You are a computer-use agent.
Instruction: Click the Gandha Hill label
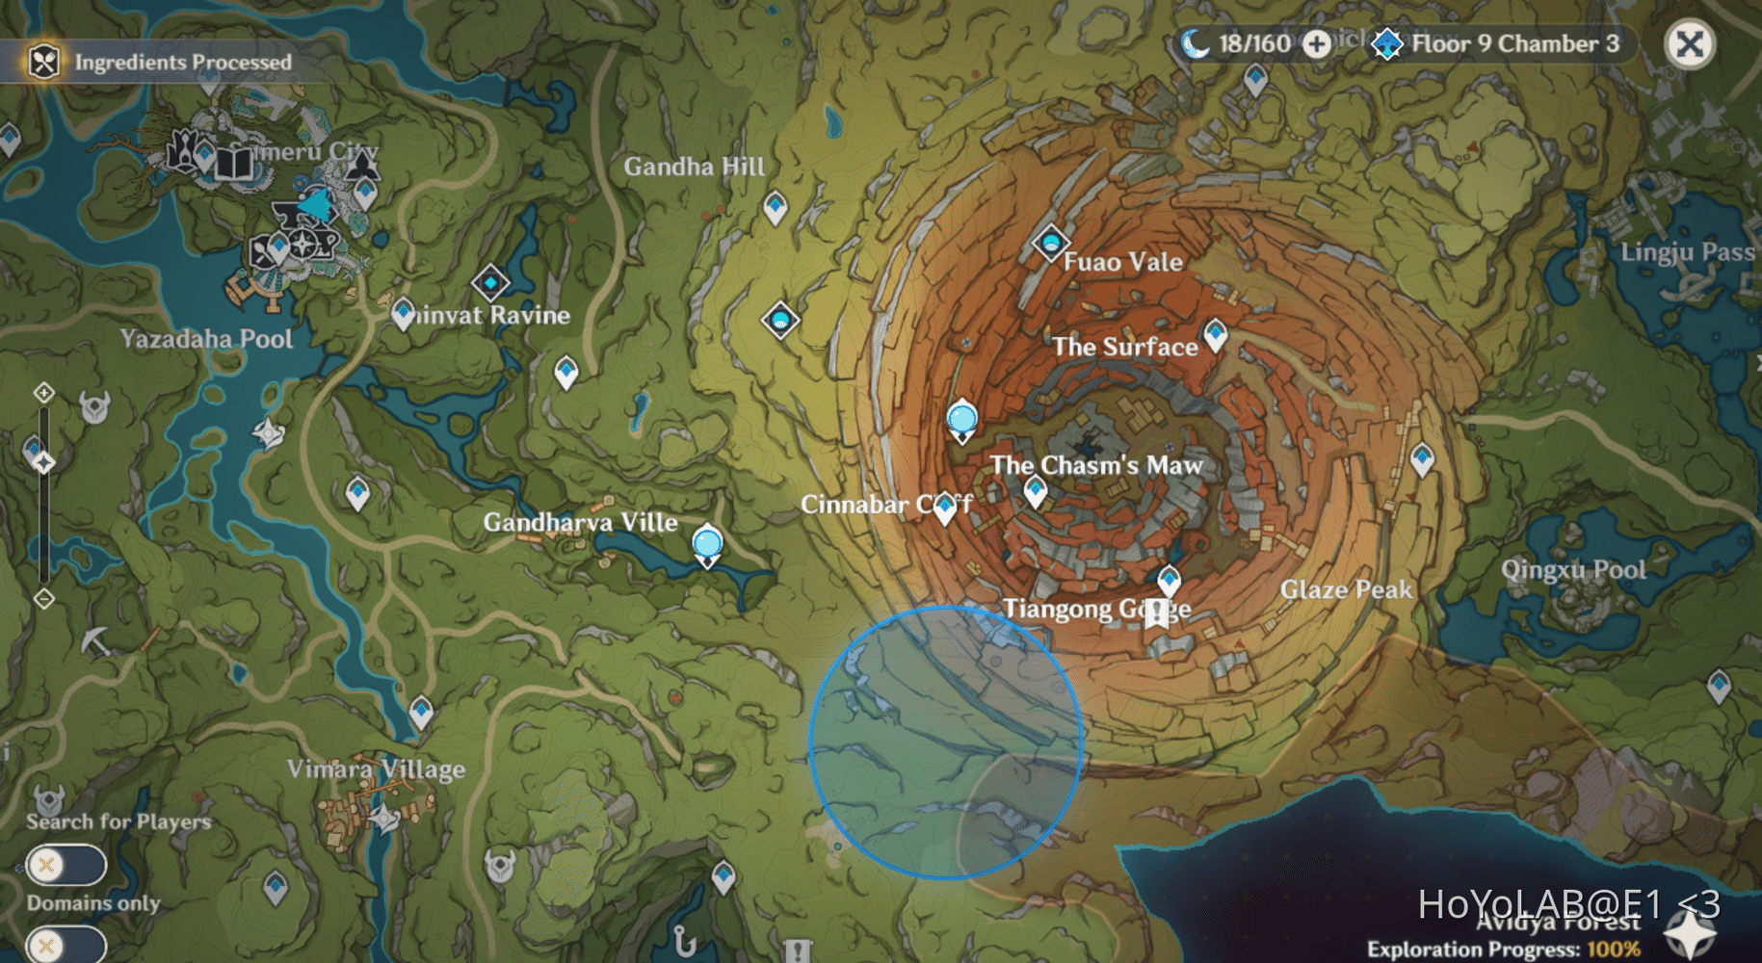click(x=694, y=167)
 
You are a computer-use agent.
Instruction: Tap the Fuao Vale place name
click(x=1122, y=262)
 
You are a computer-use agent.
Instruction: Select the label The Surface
click(x=1124, y=347)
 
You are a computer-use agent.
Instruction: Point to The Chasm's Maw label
click(x=1096, y=465)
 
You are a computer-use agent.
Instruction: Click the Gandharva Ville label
click(x=580, y=522)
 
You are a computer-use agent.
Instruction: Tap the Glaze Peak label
click(x=1346, y=589)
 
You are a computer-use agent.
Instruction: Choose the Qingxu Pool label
click(x=1573, y=569)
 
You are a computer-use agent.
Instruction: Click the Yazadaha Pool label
click(x=206, y=339)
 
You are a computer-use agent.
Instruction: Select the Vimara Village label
click(x=376, y=768)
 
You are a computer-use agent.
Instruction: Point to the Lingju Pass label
click(x=1687, y=252)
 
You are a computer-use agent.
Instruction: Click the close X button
click(x=1689, y=44)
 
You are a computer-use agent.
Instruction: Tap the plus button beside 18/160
click(x=1316, y=43)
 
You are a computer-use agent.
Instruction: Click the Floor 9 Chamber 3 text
click(x=1514, y=43)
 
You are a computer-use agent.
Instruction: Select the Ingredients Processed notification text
click(x=183, y=63)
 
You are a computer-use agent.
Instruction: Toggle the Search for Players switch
click(x=66, y=865)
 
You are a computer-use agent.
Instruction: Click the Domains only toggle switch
click(x=66, y=944)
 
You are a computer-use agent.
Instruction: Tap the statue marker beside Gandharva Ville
click(x=707, y=545)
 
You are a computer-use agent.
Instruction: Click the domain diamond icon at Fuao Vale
click(x=1050, y=242)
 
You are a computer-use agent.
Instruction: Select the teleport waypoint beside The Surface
click(x=1216, y=334)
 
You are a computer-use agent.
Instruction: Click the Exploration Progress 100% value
click(x=1613, y=950)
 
